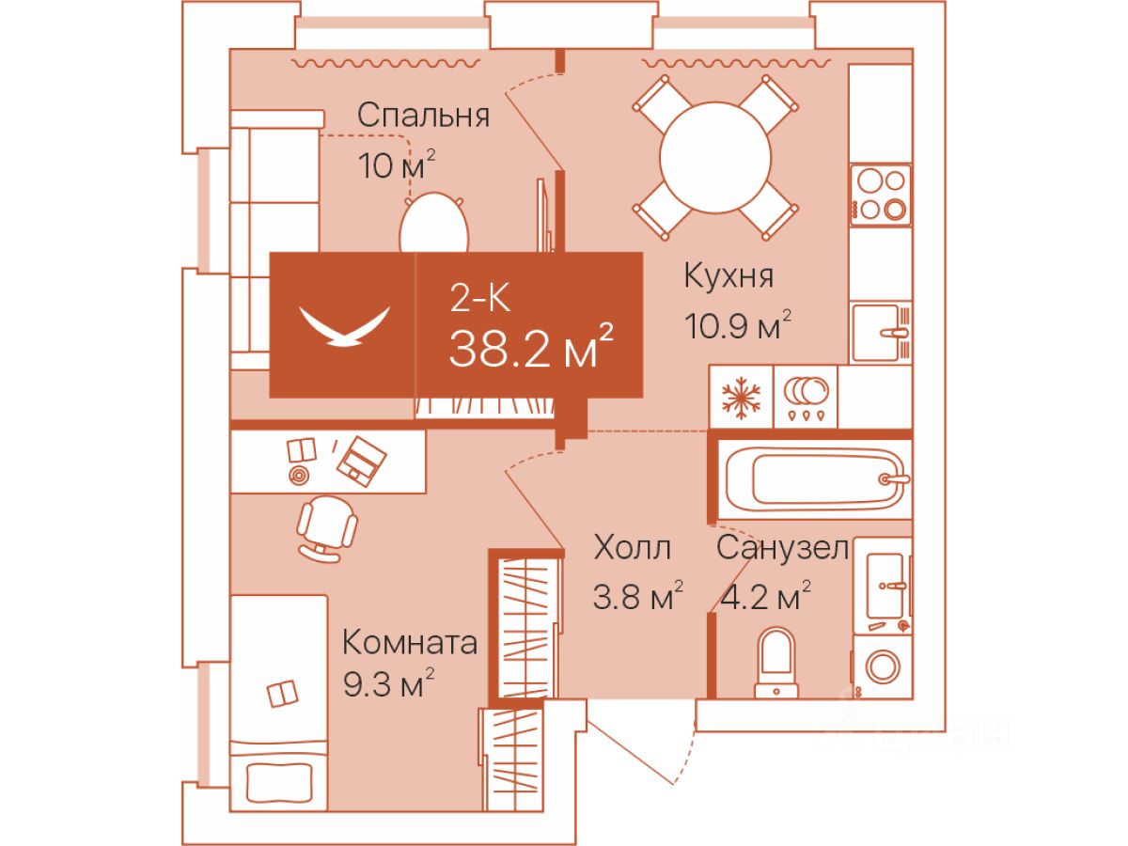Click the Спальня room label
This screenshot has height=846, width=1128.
(423, 116)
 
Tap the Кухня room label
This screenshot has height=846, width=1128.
(728, 276)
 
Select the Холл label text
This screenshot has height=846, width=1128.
(633, 547)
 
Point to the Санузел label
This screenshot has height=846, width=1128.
(782, 547)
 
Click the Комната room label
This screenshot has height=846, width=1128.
(409, 644)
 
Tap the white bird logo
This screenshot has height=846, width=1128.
(343, 326)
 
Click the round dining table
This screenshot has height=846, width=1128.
(715, 155)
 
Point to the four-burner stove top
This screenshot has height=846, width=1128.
(881, 195)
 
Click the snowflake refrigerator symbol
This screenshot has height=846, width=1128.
(741, 397)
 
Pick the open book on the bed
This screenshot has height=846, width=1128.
(282, 695)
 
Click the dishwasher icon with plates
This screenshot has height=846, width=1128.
(805, 397)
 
